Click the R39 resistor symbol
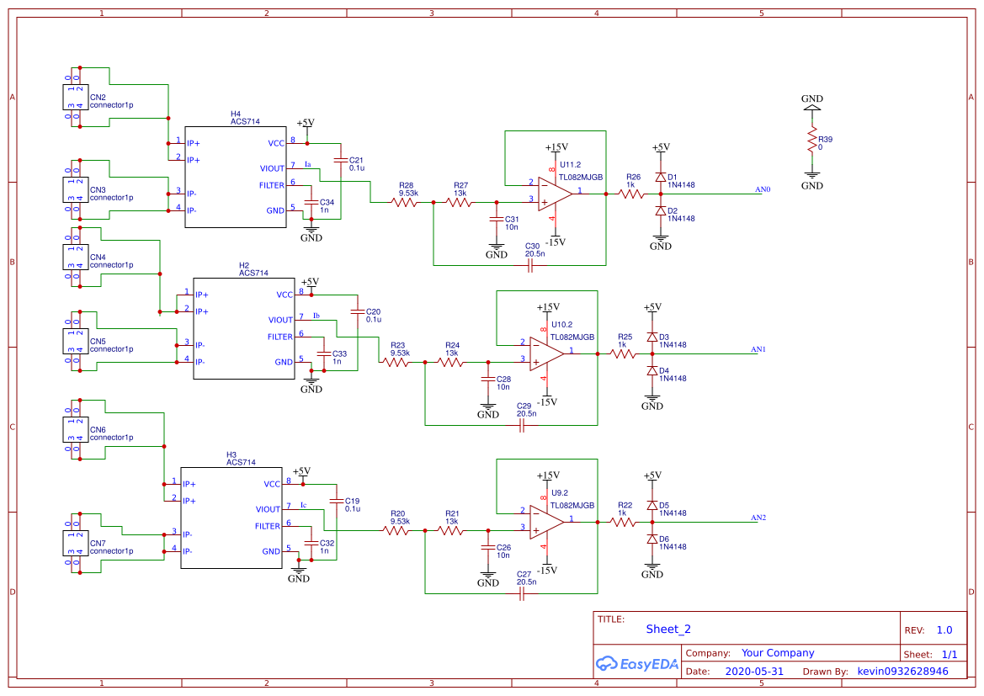pyautogui.click(x=812, y=138)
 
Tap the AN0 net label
pyautogui.click(x=763, y=189)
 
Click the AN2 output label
pyautogui.click(x=758, y=518)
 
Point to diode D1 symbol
pyautogui.click(x=661, y=178)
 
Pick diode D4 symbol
pyautogui.click(x=652, y=370)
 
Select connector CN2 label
pyautogui.click(x=98, y=97)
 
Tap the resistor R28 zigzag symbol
pyautogui.click(x=407, y=202)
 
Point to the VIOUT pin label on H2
pyautogui.click(x=280, y=320)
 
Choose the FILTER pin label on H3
pyautogui.click(x=267, y=526)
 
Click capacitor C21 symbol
pyautogui.click(x=340, y=160)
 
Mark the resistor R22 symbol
pyautogui.click(x=623, y=522)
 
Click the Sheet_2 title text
pyautogui.click(x=668, y=629)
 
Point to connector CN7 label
pyautogui.click(x=98, y=543)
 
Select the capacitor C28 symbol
pyautogui.click(x=487, y=380)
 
